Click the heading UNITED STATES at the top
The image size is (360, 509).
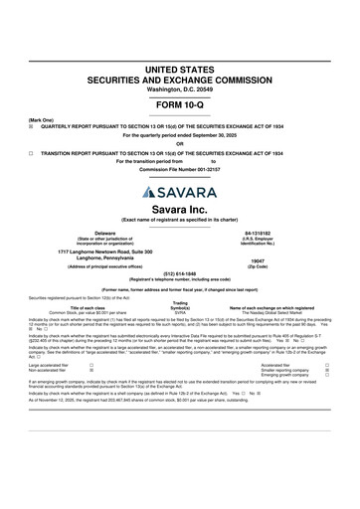(179, 70)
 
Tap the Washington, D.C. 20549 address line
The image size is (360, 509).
(179, 89)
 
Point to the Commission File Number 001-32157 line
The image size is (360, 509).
(179, 168)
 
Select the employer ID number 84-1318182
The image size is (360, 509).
(259, 232)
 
